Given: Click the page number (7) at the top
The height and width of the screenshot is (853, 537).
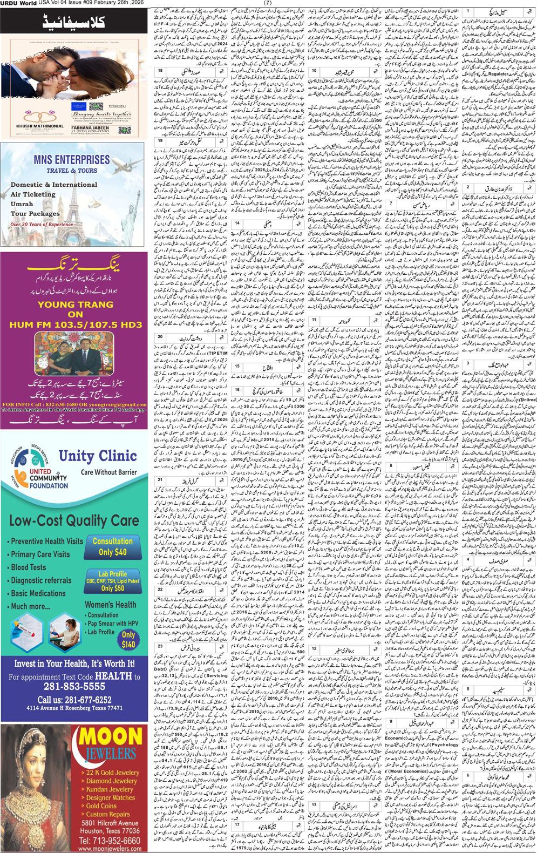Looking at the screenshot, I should (268, 3).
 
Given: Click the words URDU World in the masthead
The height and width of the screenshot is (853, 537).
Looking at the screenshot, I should (18, 3).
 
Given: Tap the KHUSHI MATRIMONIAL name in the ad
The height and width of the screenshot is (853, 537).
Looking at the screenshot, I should (39, 126).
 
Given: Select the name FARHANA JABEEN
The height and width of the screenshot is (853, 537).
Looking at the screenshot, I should (90, 128).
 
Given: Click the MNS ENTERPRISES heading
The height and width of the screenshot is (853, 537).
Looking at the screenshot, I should (71, 160).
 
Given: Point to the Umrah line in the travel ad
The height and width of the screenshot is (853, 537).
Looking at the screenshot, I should (22, 204).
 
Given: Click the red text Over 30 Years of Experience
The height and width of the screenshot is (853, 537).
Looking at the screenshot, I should (42, 225).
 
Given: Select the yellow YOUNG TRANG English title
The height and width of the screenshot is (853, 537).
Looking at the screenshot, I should (75, 304).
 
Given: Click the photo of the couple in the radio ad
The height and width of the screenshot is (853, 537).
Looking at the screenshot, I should (74, 354).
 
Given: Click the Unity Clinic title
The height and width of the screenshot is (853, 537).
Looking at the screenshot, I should (98, 456).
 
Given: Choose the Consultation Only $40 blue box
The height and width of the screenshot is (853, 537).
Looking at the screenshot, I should (112, 546).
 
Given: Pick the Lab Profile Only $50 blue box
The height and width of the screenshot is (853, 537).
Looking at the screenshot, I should (113, 581).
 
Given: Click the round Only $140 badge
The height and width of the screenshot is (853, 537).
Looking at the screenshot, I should (128, 639).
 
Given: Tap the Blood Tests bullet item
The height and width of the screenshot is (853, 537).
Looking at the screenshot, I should (28, 567).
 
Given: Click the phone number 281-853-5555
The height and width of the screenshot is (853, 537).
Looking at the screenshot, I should (74, 687).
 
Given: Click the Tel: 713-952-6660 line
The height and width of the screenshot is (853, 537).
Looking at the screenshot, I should (110, 841).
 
